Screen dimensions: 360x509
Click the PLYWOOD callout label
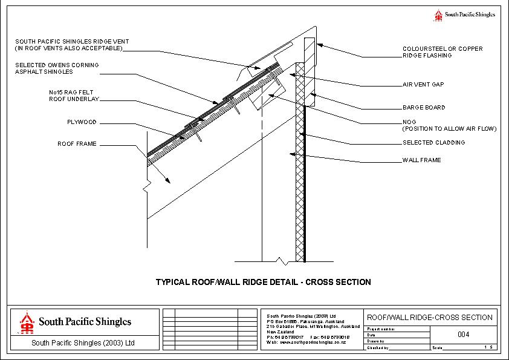[82, 122]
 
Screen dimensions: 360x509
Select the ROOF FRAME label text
[77, 144]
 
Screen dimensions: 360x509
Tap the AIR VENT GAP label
[423, 85]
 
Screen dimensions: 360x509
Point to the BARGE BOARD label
[424, 108]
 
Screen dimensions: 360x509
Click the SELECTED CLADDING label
[433, 143]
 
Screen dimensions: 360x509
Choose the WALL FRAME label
[421, 160]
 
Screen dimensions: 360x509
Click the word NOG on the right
[409, 122]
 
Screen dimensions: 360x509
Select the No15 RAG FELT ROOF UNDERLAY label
[73, 96]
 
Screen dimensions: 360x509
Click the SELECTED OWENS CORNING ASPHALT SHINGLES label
[57, 68]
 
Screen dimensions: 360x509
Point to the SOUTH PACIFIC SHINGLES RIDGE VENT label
[72, 45]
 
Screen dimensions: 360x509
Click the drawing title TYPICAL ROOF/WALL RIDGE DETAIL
[263, 282]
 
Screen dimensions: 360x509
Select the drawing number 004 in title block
[464, 335]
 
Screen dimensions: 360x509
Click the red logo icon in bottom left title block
[26, 322]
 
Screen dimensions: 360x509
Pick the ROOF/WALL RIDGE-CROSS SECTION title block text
[430, 318]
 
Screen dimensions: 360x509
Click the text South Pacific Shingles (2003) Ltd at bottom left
[82, 343]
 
